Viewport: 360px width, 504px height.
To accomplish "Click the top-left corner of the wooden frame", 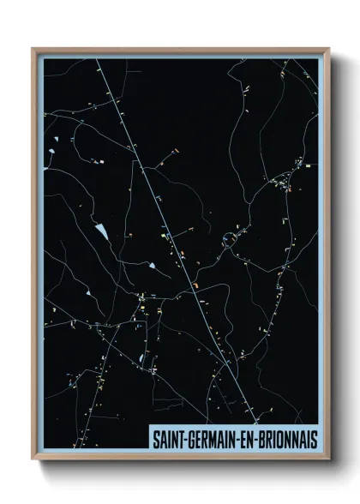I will coord(33,48).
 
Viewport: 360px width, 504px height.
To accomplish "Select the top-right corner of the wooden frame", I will coord(329,48).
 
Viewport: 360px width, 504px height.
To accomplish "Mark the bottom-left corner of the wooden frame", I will coord(33,461).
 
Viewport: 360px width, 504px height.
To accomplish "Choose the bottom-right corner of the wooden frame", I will coord(329,461).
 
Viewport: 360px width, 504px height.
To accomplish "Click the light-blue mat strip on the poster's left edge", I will coord(40,257).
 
